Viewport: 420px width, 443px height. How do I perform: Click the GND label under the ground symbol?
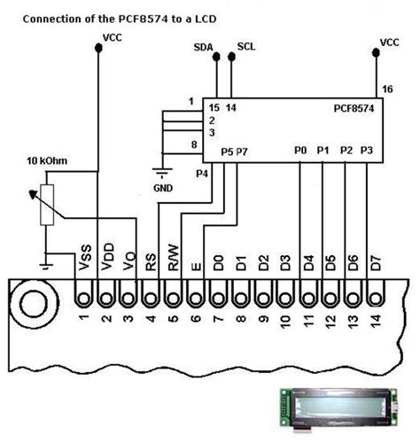pos(162,188)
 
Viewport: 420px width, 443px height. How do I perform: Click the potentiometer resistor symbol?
pos(48,206)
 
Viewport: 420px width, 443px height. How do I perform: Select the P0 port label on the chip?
pos(301,152)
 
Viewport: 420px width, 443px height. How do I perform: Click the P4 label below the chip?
pos(201,174)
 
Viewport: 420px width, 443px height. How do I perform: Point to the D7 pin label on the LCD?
pos(376,261)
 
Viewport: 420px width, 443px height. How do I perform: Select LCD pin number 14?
pos(376,320)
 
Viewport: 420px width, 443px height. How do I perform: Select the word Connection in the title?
pos(54,18)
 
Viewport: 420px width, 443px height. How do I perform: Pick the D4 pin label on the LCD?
pos(307,261)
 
